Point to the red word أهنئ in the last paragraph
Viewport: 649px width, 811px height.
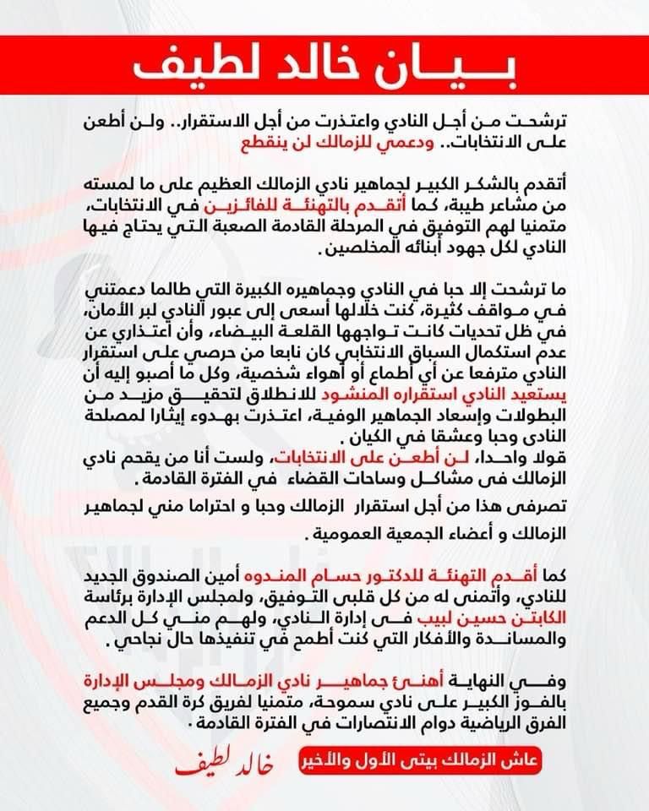[434, 680]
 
